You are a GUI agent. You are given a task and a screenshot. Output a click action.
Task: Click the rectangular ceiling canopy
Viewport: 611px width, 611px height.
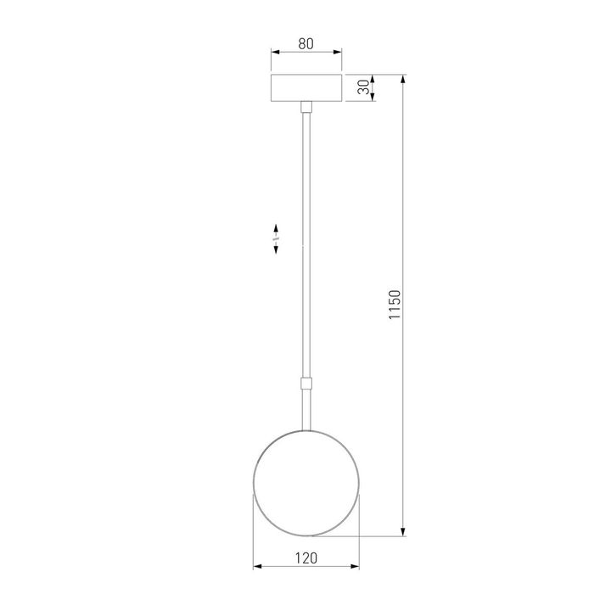[306, 88]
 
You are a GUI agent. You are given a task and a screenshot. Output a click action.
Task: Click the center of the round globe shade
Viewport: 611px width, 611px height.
[306, 485]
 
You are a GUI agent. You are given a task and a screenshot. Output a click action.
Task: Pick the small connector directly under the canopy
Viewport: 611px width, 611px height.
[306, 106]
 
